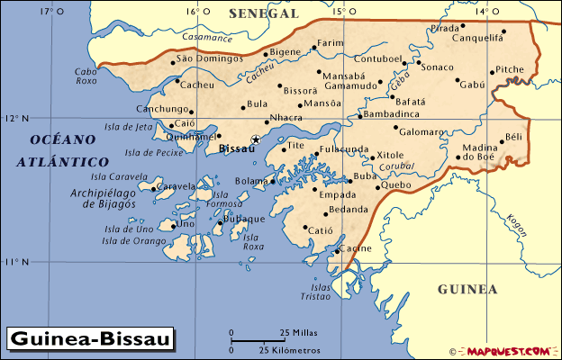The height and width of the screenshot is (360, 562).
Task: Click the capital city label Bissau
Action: click(x=237, y=149)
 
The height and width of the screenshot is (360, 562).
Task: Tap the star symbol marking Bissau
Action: click(x=256, y=139)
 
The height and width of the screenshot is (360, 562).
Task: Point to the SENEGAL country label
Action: click(x=263, y=13)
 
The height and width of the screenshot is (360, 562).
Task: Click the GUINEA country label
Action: click(x=467, y=289)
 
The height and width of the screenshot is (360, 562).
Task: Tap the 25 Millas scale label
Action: click(x=298, y=332)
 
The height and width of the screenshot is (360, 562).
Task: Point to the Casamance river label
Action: click(x=206, y=37)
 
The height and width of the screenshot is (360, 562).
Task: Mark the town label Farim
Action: click(x=331, y=42)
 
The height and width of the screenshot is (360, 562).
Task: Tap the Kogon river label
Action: click(x=517, y=224)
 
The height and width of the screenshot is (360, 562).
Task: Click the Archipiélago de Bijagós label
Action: click(x=103, y=199)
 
